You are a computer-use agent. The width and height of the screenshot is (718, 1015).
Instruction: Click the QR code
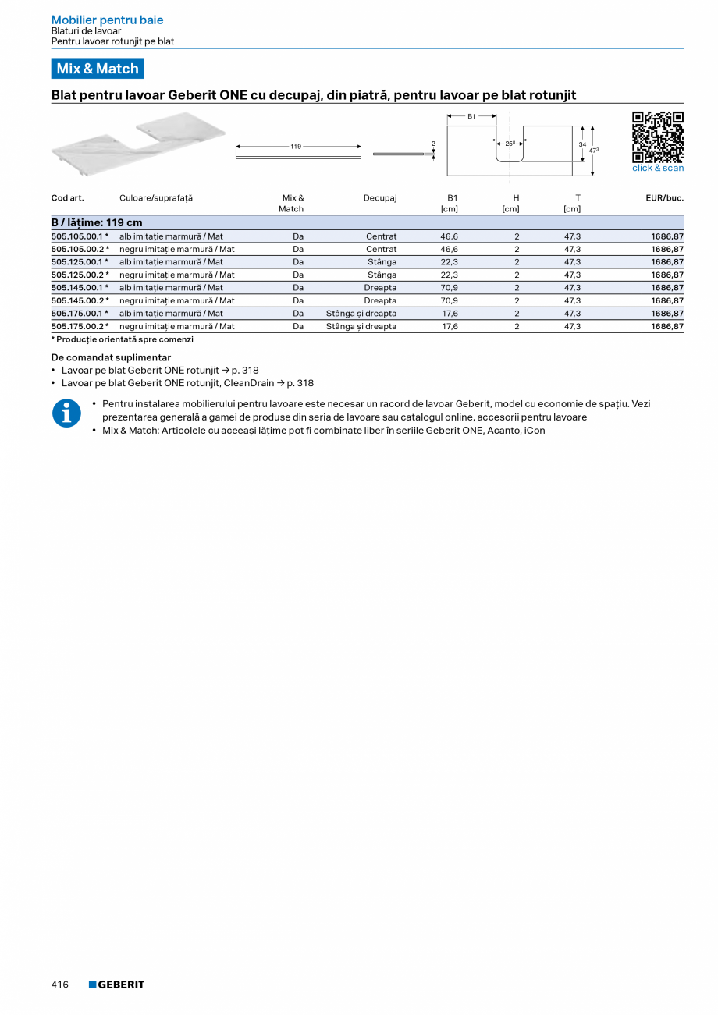(657, 137)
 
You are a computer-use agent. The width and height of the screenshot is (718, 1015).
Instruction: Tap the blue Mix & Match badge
(98, 69)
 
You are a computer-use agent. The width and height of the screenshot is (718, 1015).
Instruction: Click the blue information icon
(66, 413)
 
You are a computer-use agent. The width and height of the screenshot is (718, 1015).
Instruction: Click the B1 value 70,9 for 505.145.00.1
(449, 288)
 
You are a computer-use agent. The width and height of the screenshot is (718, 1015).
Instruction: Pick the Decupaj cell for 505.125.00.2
(382, 275)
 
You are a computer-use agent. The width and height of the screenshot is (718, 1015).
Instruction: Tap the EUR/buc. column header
(664, 198)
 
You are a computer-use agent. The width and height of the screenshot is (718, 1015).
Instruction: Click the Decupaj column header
(380, 198)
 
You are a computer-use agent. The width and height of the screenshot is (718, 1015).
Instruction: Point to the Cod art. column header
(68, 198)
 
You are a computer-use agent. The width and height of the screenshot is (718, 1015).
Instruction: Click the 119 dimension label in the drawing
(296, 146)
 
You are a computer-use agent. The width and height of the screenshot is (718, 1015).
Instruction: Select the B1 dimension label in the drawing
(471, 116)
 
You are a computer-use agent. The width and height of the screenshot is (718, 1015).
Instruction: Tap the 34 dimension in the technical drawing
(582, 144)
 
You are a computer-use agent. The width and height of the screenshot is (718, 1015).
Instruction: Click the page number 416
(60, 985)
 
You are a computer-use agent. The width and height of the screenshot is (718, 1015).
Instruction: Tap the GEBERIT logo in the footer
(116, 985)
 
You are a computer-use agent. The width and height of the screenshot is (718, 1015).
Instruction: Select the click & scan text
(657, 169)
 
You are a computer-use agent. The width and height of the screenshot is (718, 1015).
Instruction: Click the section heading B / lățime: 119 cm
(97, 223)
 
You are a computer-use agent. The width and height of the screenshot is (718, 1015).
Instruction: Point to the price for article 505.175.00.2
(667, 326)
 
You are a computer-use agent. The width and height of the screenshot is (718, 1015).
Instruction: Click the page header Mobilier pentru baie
(107, 20)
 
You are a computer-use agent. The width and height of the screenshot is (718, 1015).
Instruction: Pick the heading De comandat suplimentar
(111, 357)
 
